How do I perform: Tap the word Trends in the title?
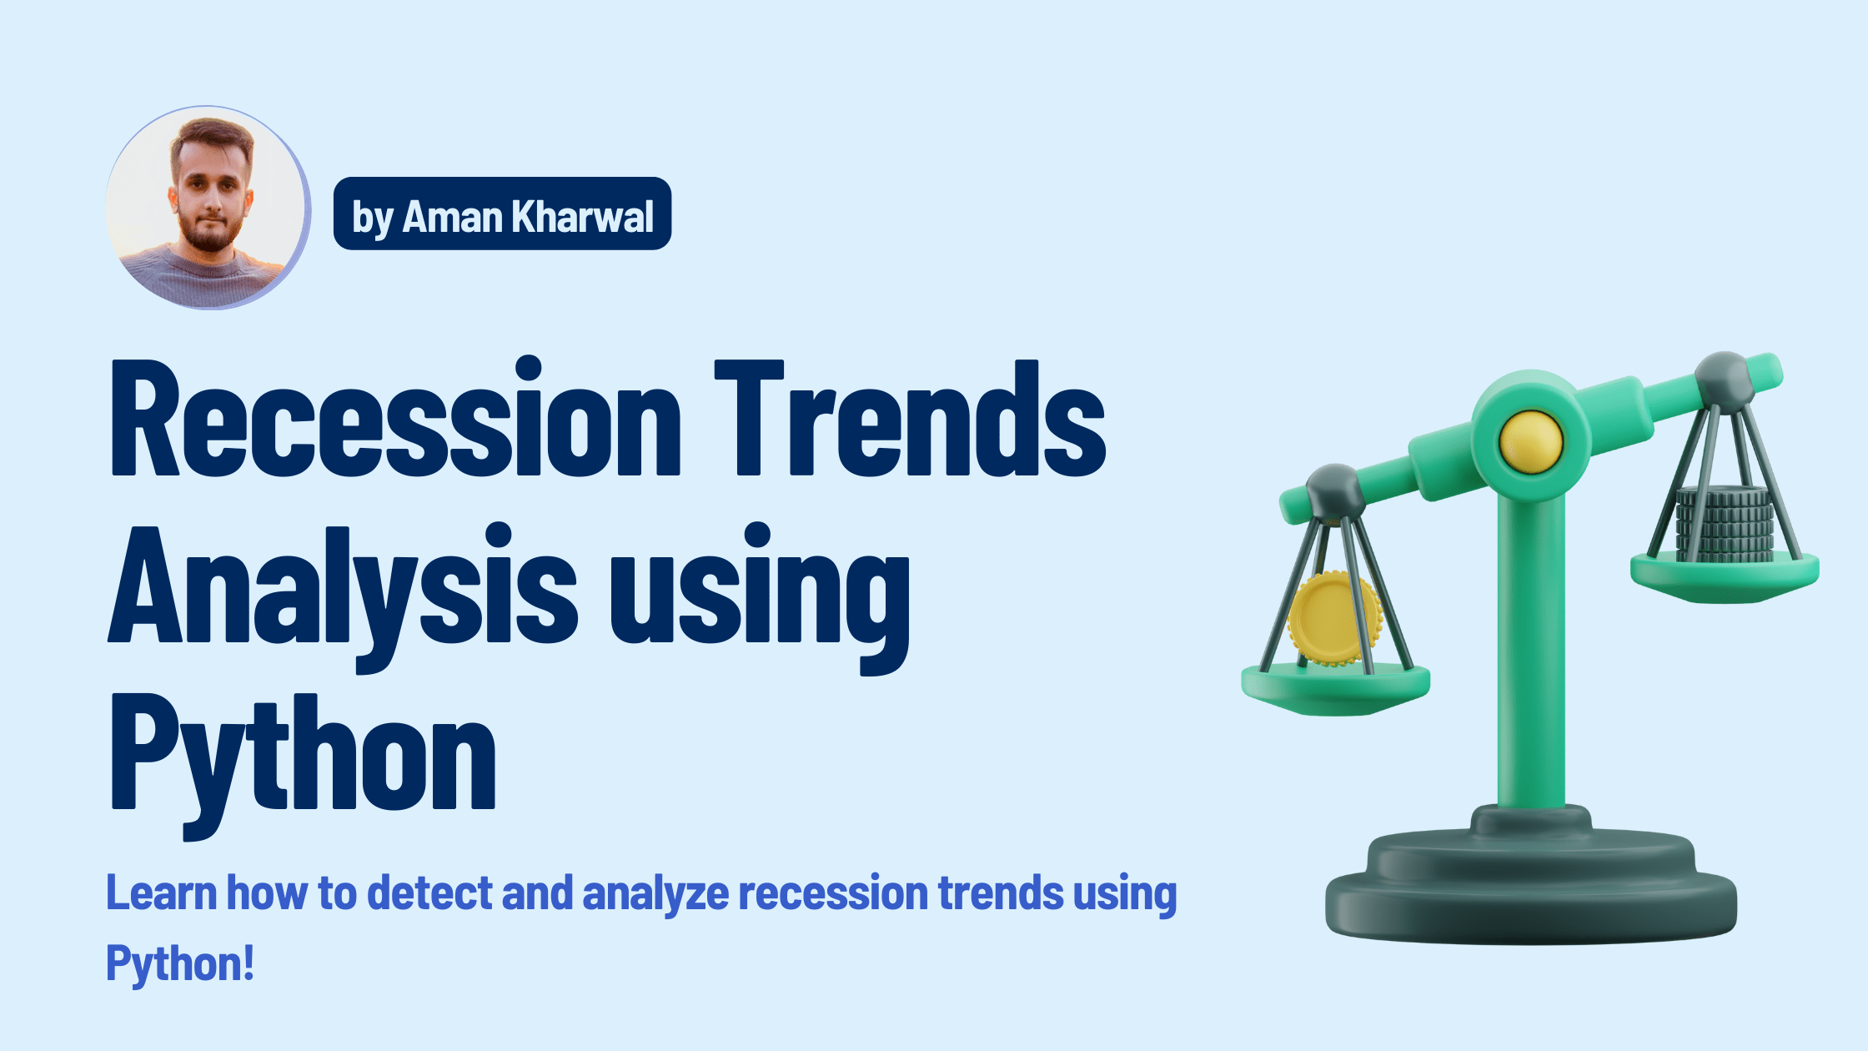click(x=909, y=419)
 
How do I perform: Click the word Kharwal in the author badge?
click(x=582, y=217)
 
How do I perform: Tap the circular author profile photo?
click(x=207, y=207)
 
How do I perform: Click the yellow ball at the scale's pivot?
click(x=1530, y=441)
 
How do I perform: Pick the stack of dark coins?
click(x=1725, y=524)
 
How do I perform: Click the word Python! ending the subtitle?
click(x=180, y=964)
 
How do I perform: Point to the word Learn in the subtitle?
click(x=161, y=893)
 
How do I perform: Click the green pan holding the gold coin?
click(x=1335, y=688)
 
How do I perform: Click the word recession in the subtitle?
click(x=832, y=893)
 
